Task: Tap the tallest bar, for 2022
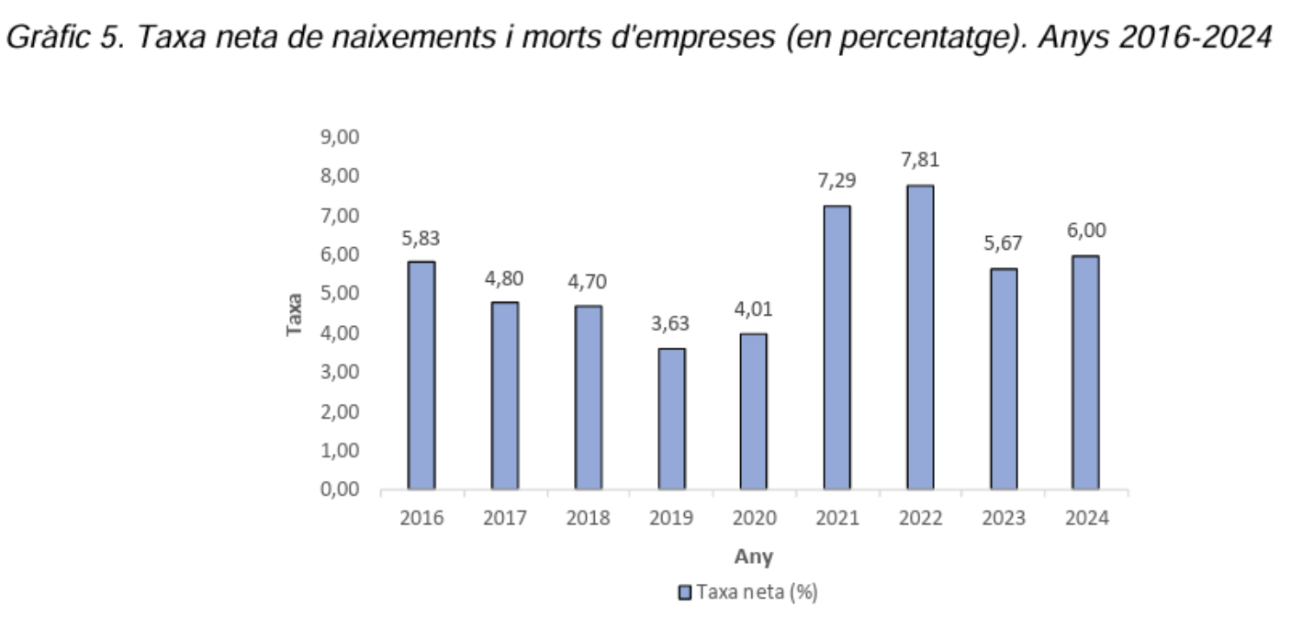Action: tap(920, 337)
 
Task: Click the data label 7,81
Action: tap(920, 161)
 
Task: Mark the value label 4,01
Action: tap(754, 309)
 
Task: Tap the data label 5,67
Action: tap(1003, 244)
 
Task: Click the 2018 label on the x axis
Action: tap(589, 519)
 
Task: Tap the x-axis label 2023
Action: tap(1004, 519)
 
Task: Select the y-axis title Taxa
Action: tap(295, 314)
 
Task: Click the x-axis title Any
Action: tap(753, 557)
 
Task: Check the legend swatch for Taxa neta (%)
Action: tap(685, 592)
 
